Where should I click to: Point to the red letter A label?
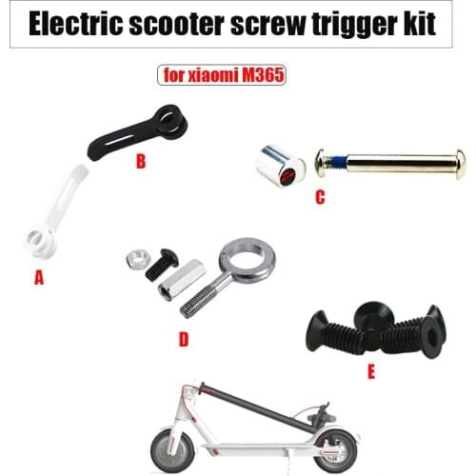click(39, 278)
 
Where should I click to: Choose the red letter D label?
click(183, 338)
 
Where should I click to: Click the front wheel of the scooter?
click(170, 452)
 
